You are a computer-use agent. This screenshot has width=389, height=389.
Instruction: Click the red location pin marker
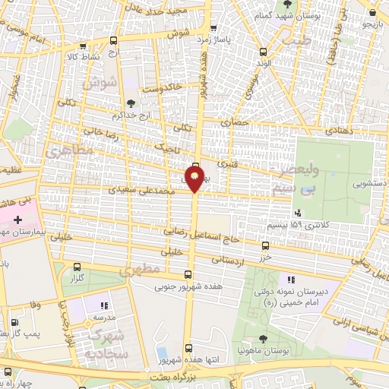[195, 180]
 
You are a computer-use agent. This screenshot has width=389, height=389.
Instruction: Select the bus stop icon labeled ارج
[113, 41]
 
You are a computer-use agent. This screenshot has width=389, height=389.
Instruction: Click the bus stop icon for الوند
[264, 52]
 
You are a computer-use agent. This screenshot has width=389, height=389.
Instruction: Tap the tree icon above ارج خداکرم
[132, 103]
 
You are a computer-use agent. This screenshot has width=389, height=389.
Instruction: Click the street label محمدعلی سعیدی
[148, 192]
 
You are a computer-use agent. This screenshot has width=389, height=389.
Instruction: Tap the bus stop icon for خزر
[265, 245]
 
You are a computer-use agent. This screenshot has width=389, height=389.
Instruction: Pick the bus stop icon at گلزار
[77, 267]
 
